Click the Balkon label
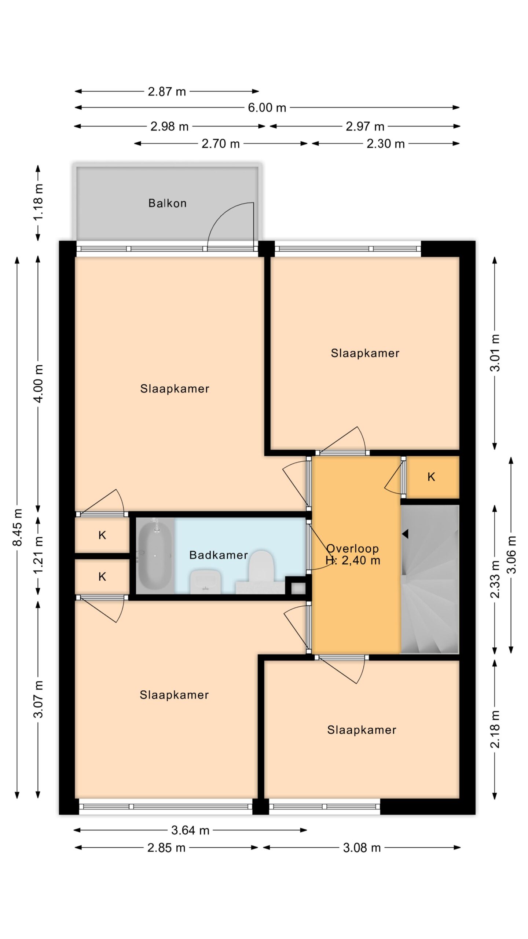pyautogui.click(x=167, y=203)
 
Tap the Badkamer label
pyautogui.click(x=219, y=555)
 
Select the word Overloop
pyautogui.click(x=352, y=548)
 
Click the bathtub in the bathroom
pyautogui.click(x=154, y=555)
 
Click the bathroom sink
pyautogui.click(x=205, y=582)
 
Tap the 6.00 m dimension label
pyautogui.click(x=267, y=107)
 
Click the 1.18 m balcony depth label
pyautogui.click(x=38, y=202)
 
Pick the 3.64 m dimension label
pyautogui.click(x=190, y=830)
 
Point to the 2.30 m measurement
pyautogui.click(x=386, y=143)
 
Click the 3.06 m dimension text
pyautogui.click(x=511, y=555)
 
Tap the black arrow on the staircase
pyautogui.click(x=405, y=534)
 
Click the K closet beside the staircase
pyautogui.click(x=431, y=477)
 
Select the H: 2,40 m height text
pyautogui.click(x=353, y=560)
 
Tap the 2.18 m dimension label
pyautogui.click(x=495, y=729)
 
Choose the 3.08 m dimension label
pyautogui.click(x=362, y=848)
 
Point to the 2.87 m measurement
pyautogui.click(x=167, y=91)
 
